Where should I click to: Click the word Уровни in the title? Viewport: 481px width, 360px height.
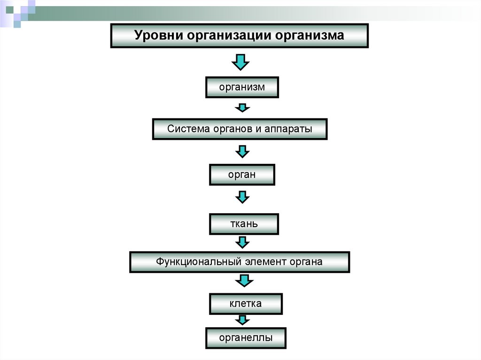pos(157,36)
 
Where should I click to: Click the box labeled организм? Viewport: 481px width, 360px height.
pos(242,87)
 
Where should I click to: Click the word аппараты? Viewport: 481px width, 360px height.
pos(291,128)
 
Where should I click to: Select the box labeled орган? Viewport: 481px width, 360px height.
pos(241,175)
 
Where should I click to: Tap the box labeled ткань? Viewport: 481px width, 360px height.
pos(243,223)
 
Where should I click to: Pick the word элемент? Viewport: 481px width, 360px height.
pos(265,262)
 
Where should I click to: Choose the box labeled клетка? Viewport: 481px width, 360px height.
pos(245,304)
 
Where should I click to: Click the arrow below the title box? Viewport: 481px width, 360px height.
pos(240,62)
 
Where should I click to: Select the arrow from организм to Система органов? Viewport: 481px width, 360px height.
pos(242,108)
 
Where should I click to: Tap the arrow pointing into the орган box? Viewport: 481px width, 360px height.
pos(242,151)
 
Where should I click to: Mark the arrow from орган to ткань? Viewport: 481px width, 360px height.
pos(242,196)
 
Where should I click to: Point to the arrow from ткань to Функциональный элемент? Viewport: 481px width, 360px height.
pos(242,242)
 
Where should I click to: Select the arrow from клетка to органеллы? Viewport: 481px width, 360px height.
pos(242,320)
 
